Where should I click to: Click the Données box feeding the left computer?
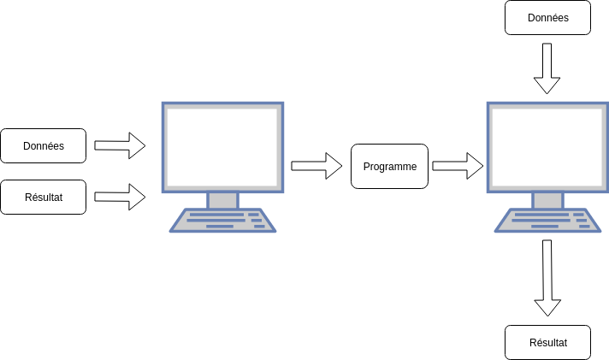[44, 145]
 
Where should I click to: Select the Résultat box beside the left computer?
[44, 197]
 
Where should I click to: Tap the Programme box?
[389, 167]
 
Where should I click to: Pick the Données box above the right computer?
[547, 17]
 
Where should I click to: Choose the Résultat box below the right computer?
[547, 342]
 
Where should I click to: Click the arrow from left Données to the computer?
[120, 145]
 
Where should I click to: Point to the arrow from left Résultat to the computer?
[120, 197]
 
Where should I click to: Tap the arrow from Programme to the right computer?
[458, 166]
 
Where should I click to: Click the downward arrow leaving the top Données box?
[547, 68]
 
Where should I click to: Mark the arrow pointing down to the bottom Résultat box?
[547, 278]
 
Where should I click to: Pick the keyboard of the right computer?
[547, 221]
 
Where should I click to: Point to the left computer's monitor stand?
[222, 200]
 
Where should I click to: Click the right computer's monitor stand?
[547, 200]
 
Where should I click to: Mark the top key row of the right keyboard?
[547, 214]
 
